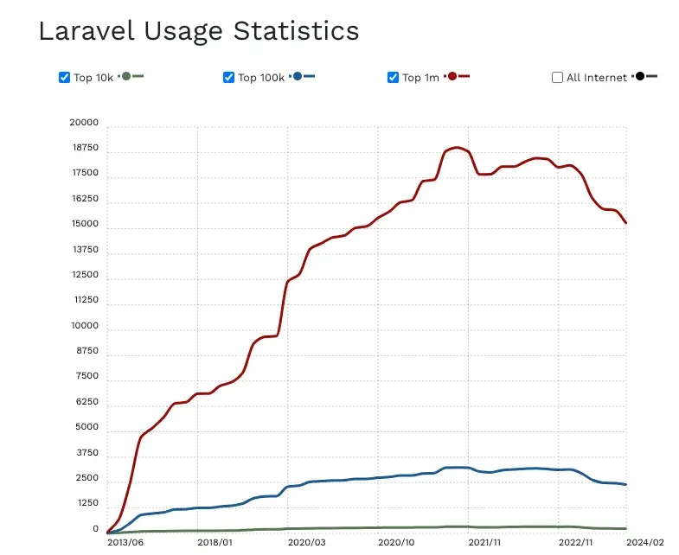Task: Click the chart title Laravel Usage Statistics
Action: click(x=198, y=31)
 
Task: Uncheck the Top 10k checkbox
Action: click(x=64, y=78)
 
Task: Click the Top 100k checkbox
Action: click(x=228, y=78)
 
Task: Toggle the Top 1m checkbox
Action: click(x=393, y=78)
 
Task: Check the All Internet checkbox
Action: click(x=557, y=78)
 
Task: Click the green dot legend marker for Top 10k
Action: click(x=126, y=77)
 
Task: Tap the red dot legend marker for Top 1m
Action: click(x=452, y=77)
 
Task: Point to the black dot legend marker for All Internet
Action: click(x=640, y=77)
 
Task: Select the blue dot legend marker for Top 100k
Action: click(x=298, y=77)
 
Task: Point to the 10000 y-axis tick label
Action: click(x=84, y=327)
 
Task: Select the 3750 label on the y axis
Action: click(x=86, y=454)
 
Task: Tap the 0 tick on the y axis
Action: click(x=96, y=529)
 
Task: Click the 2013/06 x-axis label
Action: click(x=125, y=543)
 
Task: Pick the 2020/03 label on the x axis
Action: click(x=306, y=543)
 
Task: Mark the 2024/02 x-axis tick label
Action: click(x=645, y=543)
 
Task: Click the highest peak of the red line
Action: click(x=457, y=148)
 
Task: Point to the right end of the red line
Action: click(x=625, y=223)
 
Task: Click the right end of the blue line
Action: click(x=625, y=485)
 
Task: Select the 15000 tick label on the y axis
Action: click(x=84, y=225)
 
